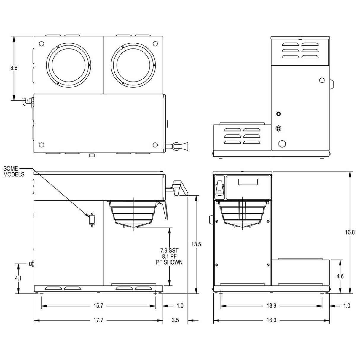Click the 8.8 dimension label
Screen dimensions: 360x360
pos(14,68)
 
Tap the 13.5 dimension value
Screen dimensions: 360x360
pos(196,244)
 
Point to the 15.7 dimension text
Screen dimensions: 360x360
pos(98,306)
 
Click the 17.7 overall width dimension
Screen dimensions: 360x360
pos(98,320)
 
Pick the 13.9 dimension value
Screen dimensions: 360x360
pos(271,306)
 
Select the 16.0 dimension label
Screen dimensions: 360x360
pos(271,320)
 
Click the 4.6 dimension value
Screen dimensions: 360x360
pos(340,276)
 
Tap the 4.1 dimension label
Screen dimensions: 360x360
pos(18,278)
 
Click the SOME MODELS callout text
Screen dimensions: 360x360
pos(14,171)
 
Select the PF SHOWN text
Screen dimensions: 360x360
pos(169,262)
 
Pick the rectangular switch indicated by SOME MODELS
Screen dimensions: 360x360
pos(92,220)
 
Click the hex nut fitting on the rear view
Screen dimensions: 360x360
pos(278,128)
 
